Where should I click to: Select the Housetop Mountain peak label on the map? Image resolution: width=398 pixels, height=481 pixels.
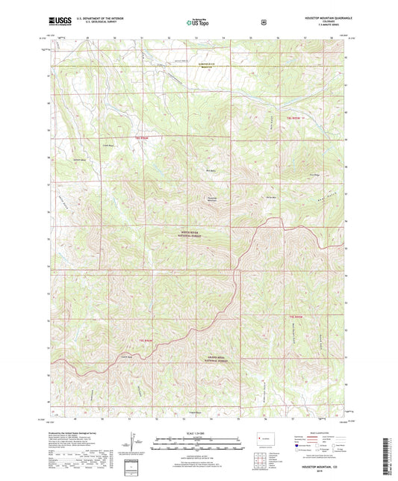point(212,199)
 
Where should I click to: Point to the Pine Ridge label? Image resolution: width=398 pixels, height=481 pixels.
point(314,176)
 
